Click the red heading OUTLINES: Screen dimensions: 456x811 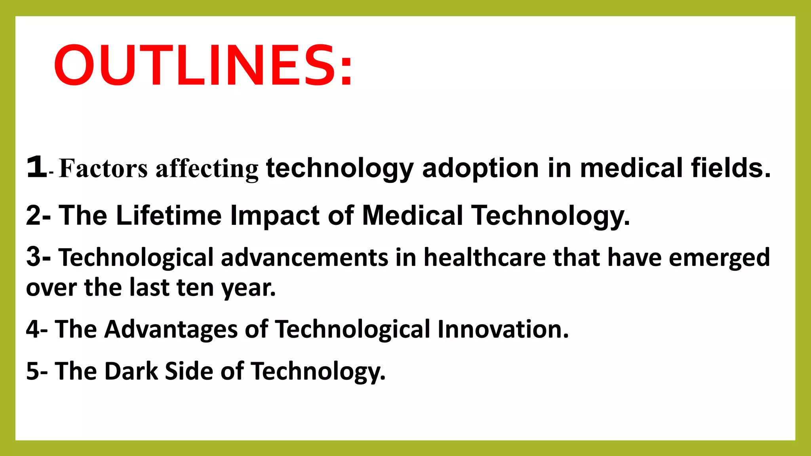point(203,65)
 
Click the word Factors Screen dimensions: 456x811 point(103,169)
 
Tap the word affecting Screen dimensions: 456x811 point(207,169)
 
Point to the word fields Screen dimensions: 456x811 point(731,168)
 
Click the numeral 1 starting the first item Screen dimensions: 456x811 point(36,167)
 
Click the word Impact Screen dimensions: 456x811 point(275,216)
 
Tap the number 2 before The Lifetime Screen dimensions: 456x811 point(34,216)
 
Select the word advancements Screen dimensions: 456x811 point(304,258)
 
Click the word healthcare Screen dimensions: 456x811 point(484,258)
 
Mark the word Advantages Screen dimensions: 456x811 point(171,330)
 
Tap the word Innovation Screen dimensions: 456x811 point(503,329)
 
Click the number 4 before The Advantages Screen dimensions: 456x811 point(33,329)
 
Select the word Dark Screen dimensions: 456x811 point(131,371)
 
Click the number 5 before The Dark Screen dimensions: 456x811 point(33,371)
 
